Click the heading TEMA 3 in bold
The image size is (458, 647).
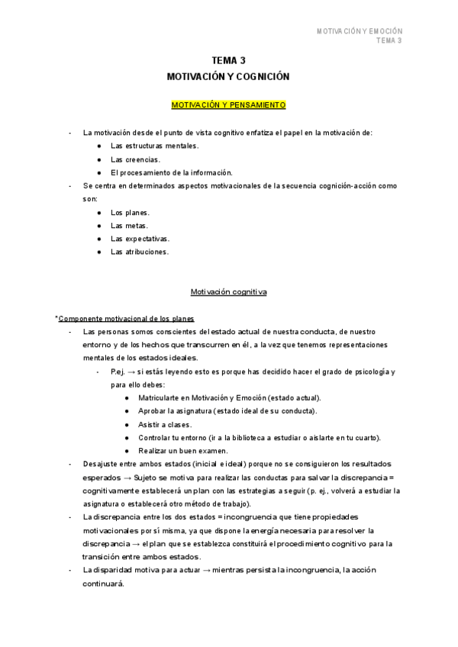[228, 60]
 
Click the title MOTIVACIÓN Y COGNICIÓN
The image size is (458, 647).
[228, 76]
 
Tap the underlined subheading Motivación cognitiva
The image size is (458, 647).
[228, 291]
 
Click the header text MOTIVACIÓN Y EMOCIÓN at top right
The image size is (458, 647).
[359, 31]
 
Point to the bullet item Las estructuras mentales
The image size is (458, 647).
[154, 145]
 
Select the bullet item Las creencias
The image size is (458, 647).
[135, 159]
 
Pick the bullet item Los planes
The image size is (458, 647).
[130, 212]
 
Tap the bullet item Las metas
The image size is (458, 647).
[129, 226]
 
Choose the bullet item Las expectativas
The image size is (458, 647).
[140, 239]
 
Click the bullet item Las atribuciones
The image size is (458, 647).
[140, 252]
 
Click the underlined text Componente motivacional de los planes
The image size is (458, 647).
[126, 318]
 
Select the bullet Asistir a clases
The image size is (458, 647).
[165, 424]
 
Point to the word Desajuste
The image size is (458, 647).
[100, 464]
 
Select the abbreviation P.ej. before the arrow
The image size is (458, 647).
[118, 372]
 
